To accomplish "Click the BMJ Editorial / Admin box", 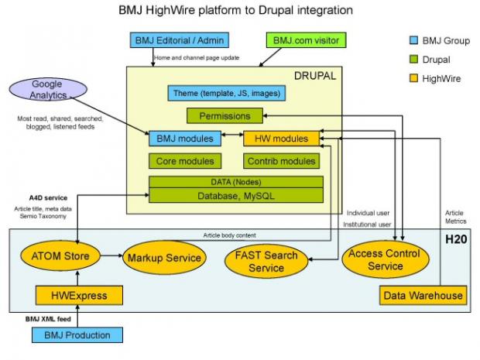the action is click(x=180, y=40).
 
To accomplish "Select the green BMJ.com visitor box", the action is click(x=306, y=40).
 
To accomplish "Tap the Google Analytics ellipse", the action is click(x=48, y=89).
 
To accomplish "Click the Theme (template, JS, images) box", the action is click(x=227, y=93).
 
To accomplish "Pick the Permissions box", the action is click(x=225, y=115).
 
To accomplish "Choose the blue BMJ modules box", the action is click(x=185, y=139).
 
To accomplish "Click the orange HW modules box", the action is click(x=281, y=139).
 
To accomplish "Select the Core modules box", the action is click(x=185, y=161).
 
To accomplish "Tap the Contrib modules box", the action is click(x=281, y=161).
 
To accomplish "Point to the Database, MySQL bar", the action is click(x=236, y=196).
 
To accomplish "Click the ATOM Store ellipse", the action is click(x=60, y=256).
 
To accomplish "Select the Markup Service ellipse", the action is click(x=164, y=258).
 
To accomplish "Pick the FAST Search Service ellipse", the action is click(x=266, y=261).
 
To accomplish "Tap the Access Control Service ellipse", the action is click(x=386, y=259).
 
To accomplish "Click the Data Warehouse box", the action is click(x=423, y=296).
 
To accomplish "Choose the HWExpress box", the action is click(x=79, y=296).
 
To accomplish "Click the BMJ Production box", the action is click(x=77, y=335).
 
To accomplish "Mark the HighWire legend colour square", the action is click(x=413, y=78).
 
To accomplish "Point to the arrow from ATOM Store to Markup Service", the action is click(x=111, y=255).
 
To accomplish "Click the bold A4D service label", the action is click(x=48, y=197).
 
